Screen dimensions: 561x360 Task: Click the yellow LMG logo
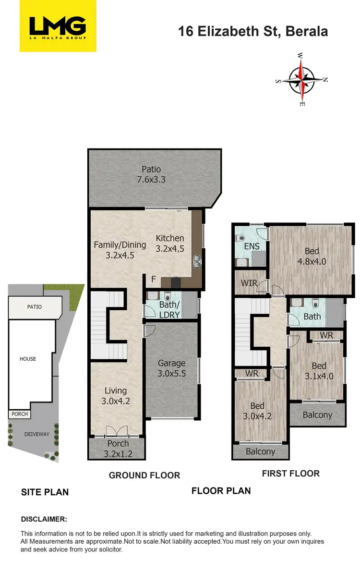click(57, 26)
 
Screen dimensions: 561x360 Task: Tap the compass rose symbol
click(301, 79)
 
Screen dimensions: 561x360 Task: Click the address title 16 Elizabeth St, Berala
click(253, 32)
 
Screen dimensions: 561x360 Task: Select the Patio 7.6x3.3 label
click(151, 175)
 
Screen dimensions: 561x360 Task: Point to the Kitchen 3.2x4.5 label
click(169, 243)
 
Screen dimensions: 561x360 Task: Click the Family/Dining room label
click(120, 250)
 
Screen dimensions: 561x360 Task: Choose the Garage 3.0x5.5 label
click(171, 368)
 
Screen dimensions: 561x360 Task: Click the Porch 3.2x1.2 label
click(118, 448)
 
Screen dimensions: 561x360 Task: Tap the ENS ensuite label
click(252, 246)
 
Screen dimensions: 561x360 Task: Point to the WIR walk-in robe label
click(249, 283)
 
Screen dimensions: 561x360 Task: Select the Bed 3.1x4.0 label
click(318, 370)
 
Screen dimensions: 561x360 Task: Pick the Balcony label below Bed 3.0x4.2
click(261, 451)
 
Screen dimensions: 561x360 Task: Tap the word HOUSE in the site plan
click(27, 359)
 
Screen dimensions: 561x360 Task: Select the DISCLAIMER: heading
click(44, 519)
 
